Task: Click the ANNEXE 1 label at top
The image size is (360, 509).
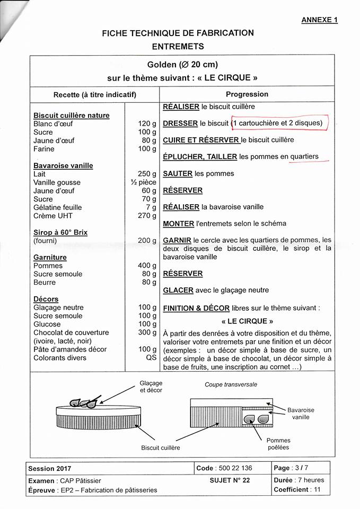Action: [319, 20]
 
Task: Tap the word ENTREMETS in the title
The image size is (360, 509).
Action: [178, 47]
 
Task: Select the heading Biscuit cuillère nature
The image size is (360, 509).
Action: [72, 115]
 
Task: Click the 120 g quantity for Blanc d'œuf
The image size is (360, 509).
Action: [147, 124]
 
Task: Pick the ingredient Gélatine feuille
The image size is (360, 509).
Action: [57, 207]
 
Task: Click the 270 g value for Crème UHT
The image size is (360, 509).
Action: [147, 216]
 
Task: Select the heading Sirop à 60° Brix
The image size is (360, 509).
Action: [60, 232]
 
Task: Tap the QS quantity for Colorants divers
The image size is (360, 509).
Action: [151, 358]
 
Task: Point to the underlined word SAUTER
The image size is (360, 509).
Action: [178, 173]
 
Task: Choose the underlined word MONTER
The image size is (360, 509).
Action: [179, 224]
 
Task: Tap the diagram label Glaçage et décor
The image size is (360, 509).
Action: [151, 387]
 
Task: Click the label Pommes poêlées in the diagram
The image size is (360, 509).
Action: [278, 444]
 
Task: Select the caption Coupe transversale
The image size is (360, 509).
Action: [231, 384]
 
